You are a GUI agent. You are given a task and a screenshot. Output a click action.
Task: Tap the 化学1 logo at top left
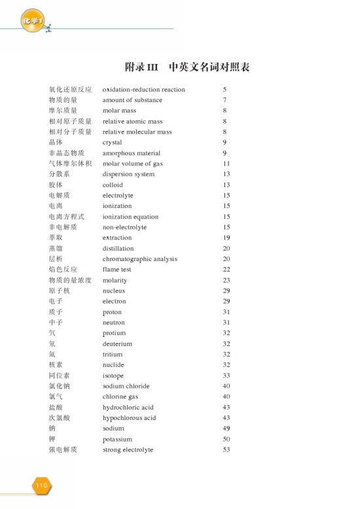pos(32,20)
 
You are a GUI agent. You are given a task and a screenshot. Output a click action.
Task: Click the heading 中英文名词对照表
pos(209,67)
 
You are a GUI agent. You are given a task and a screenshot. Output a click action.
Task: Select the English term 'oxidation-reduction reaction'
pos(143,90)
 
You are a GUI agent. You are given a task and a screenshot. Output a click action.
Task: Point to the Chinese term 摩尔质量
pos(63,111)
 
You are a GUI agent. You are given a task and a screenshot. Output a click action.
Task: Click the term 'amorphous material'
pos(131,153)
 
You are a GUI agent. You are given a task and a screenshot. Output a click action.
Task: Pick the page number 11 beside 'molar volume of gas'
pos(226,164)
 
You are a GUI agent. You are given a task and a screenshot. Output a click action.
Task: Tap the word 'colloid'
pos(113,185)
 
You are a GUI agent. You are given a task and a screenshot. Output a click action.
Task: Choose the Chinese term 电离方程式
pos(67,217)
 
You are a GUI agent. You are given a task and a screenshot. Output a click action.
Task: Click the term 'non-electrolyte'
pos(124,227)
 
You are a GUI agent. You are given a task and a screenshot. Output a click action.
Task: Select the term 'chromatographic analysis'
pos(139,259)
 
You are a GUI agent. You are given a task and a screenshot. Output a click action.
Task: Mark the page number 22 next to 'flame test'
pos(226,270)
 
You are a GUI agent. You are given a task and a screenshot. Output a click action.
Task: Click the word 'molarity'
pos(115,280)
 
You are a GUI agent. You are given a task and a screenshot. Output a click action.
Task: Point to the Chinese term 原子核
pos(60,290)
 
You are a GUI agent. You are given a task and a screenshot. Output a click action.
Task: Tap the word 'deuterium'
pos(117,343)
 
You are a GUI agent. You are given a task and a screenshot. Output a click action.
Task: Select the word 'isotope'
pos(113,376)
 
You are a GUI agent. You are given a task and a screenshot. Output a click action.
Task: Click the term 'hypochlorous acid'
pos(129,418)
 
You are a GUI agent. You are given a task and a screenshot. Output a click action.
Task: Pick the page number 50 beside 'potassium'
pos(226,439)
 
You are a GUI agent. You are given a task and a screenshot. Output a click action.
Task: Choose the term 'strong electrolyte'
pos(128,449)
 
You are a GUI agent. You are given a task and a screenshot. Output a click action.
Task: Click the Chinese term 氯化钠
pos(60,386)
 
